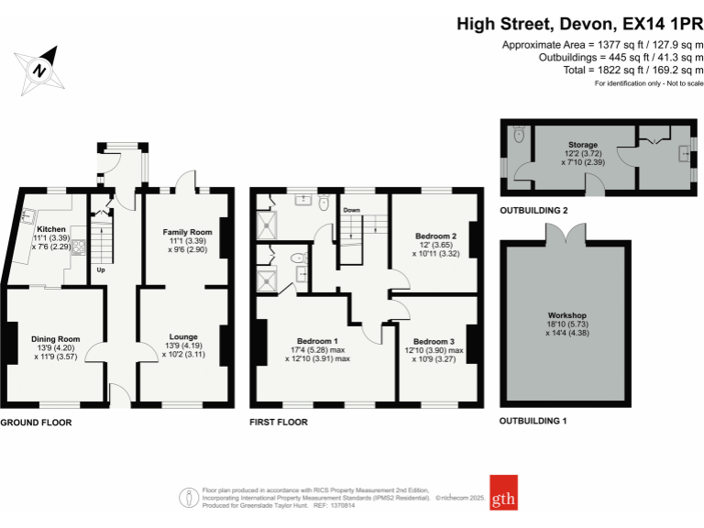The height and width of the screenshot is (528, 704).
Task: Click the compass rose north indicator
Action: click(x=38, y=69)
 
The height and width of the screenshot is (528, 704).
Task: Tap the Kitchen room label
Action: click(x=51, y=228)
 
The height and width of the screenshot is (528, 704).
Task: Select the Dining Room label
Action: click(x=56, y=339)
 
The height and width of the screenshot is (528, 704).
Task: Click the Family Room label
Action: click(x=187, y=232)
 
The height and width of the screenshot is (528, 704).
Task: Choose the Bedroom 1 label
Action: click(x=317, y=341)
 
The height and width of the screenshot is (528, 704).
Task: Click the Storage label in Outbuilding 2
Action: click(x=582, y=145)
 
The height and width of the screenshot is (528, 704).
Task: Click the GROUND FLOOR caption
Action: click(x=36, y=423)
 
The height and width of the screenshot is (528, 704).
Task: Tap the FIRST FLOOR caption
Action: click(x=279, y=423)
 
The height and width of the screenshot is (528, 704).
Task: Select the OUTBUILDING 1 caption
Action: click(x=533, y=421)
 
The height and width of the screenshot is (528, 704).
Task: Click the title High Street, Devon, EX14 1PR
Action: click(x=579, y=25)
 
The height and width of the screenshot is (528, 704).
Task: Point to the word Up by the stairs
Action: click(x=100, y=270)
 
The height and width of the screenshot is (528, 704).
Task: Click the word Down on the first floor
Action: click(x=351, y=210)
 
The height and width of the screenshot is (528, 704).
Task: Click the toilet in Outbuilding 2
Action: click(x=520, y=135)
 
